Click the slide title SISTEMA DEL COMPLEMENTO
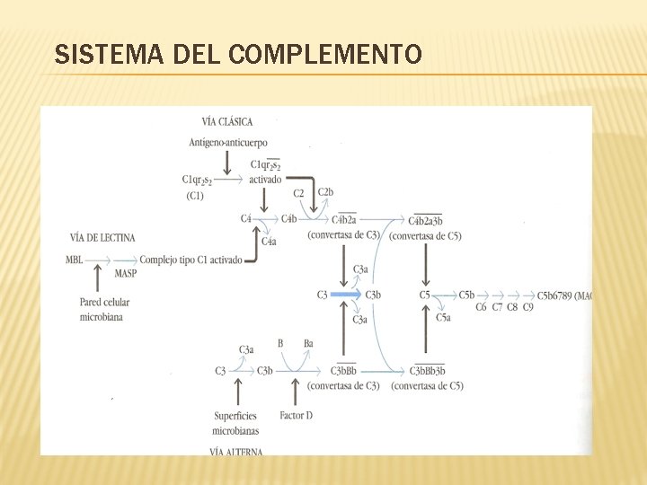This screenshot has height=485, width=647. [x=238, y=56]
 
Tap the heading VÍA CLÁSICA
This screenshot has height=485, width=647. [x=227, y=121]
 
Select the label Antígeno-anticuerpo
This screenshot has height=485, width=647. [x=228, y=142]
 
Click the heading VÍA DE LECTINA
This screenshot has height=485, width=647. [x=102, y=237]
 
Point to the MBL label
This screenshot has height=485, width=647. [x=75, y=260]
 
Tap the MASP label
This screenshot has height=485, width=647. [x=126, y=273]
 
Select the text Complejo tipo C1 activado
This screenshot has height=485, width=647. [x=191, y=260]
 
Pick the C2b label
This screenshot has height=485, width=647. [x=325, y=192]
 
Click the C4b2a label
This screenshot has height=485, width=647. [x=344, y=219]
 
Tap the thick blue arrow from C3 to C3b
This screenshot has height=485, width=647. [x=344, y=295]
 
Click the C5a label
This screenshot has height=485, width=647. [x=443, y=317]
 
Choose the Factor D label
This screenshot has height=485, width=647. [x=296, y=415]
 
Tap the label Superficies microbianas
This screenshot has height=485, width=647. [x=235, y=421]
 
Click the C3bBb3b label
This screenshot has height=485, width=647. [x=427, y=371]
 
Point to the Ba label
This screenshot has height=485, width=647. [x=308, y=343]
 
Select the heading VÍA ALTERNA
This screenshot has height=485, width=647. [x=235, y=452]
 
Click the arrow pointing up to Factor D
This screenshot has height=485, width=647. [x=296, y=392]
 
